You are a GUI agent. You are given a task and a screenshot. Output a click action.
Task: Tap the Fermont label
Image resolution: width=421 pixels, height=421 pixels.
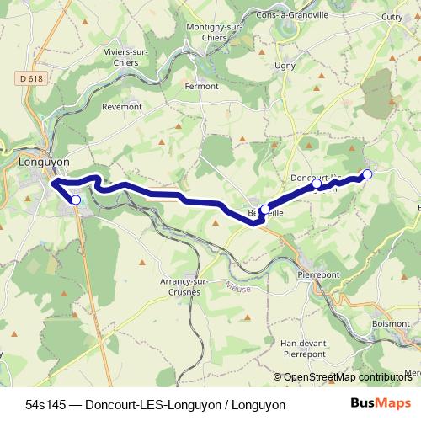pyautogui.click(x=202, y=86)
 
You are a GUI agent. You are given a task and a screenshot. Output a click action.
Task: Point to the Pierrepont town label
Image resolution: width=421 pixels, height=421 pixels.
pyautogui.click(x=317, y=274)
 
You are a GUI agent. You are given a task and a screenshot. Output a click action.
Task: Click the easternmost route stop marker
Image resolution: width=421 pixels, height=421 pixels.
pyautogui.click(x=367, y=174)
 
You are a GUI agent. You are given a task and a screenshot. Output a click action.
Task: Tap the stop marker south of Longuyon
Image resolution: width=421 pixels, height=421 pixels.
pyautogui.click(x=76, y=200)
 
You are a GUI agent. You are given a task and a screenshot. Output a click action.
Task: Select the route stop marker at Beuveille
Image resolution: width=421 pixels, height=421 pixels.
pyautogui.click(x=265, y=210)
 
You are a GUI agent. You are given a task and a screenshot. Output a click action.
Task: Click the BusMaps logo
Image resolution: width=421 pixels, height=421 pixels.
pyautogui.click(x=381, y=404)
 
